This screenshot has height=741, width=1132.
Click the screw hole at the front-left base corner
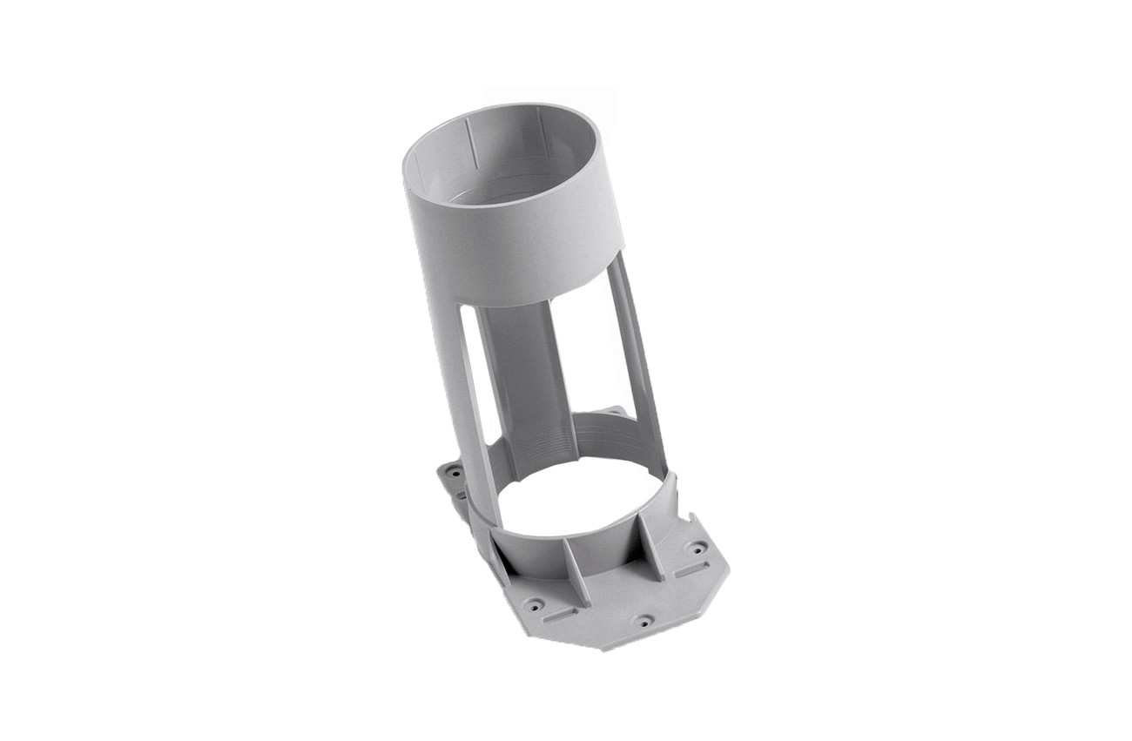point(535,603)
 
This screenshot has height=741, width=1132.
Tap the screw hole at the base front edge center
point(643,621)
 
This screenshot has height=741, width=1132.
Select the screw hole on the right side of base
point(697,549)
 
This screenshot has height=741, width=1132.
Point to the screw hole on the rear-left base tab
point(454,474)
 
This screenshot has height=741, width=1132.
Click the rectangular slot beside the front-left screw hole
point(560,614)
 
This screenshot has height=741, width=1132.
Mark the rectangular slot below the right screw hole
point(691,570)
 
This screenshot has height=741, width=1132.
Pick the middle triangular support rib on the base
point(575,570)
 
